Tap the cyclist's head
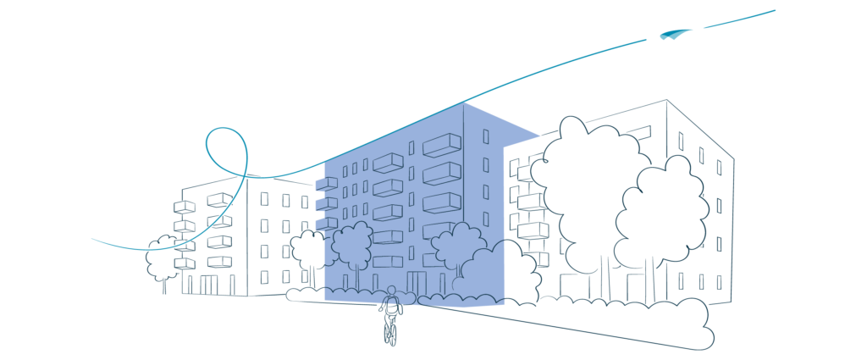(x=391, y=291)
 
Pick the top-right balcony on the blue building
(x=442, y=146)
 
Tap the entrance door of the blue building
(x=417, y=282)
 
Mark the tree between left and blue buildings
(x=306, y=249)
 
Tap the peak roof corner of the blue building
(x=463, y=103)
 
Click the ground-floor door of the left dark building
(x=208, y=285)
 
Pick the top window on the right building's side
(x=681, y=141)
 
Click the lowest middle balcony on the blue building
(x=388, y=262)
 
